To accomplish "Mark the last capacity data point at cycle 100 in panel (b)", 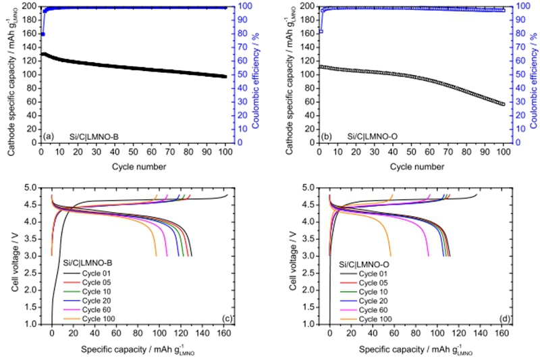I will pos(502,104).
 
